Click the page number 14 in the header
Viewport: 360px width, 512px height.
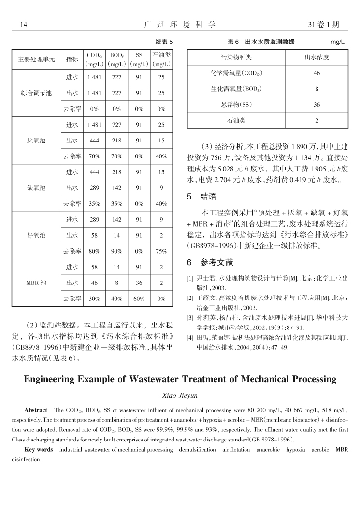pyautogui.click(x=23, y=24)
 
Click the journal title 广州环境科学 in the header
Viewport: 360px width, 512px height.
pyautogui.click(x=180, y=24)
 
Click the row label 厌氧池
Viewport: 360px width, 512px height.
pyautogui.click(x=36, y=141)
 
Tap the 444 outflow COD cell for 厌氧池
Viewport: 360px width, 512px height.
pyautogui.click(x=94, y=141)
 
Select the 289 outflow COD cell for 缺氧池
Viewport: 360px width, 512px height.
pyautogui.click(x=94, y=188)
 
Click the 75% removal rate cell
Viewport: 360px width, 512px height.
pyautogui.click(x=161, y=251)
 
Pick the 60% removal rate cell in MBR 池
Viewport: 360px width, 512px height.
pyautogui.click(x=139, y=299)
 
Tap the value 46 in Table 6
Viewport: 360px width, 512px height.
pyautogui.click(x=317, y=73)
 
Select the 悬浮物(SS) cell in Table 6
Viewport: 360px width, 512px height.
pyautogui.click(x=236, y=104)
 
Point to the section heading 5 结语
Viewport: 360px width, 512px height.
pyautogui.click(x=202, y=197)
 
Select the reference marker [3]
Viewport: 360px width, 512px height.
pyautogui.click(x=190, y=317)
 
